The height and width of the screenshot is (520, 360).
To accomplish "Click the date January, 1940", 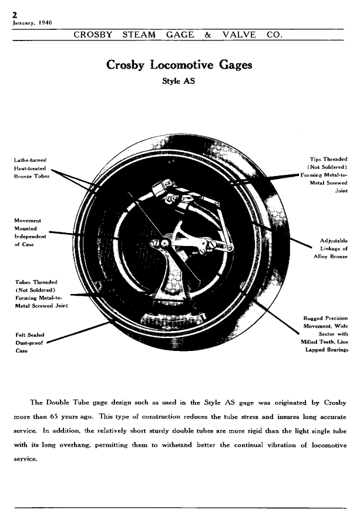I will (x=32, y=23).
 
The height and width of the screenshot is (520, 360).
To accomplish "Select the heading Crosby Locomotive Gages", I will (x=179, y=65).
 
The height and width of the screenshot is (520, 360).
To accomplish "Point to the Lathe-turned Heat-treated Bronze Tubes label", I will (x=32, y=168).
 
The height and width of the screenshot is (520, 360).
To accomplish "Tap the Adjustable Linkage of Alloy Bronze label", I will (x=332, y=248).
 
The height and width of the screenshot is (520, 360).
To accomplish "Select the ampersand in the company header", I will (x=208, y=35).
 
